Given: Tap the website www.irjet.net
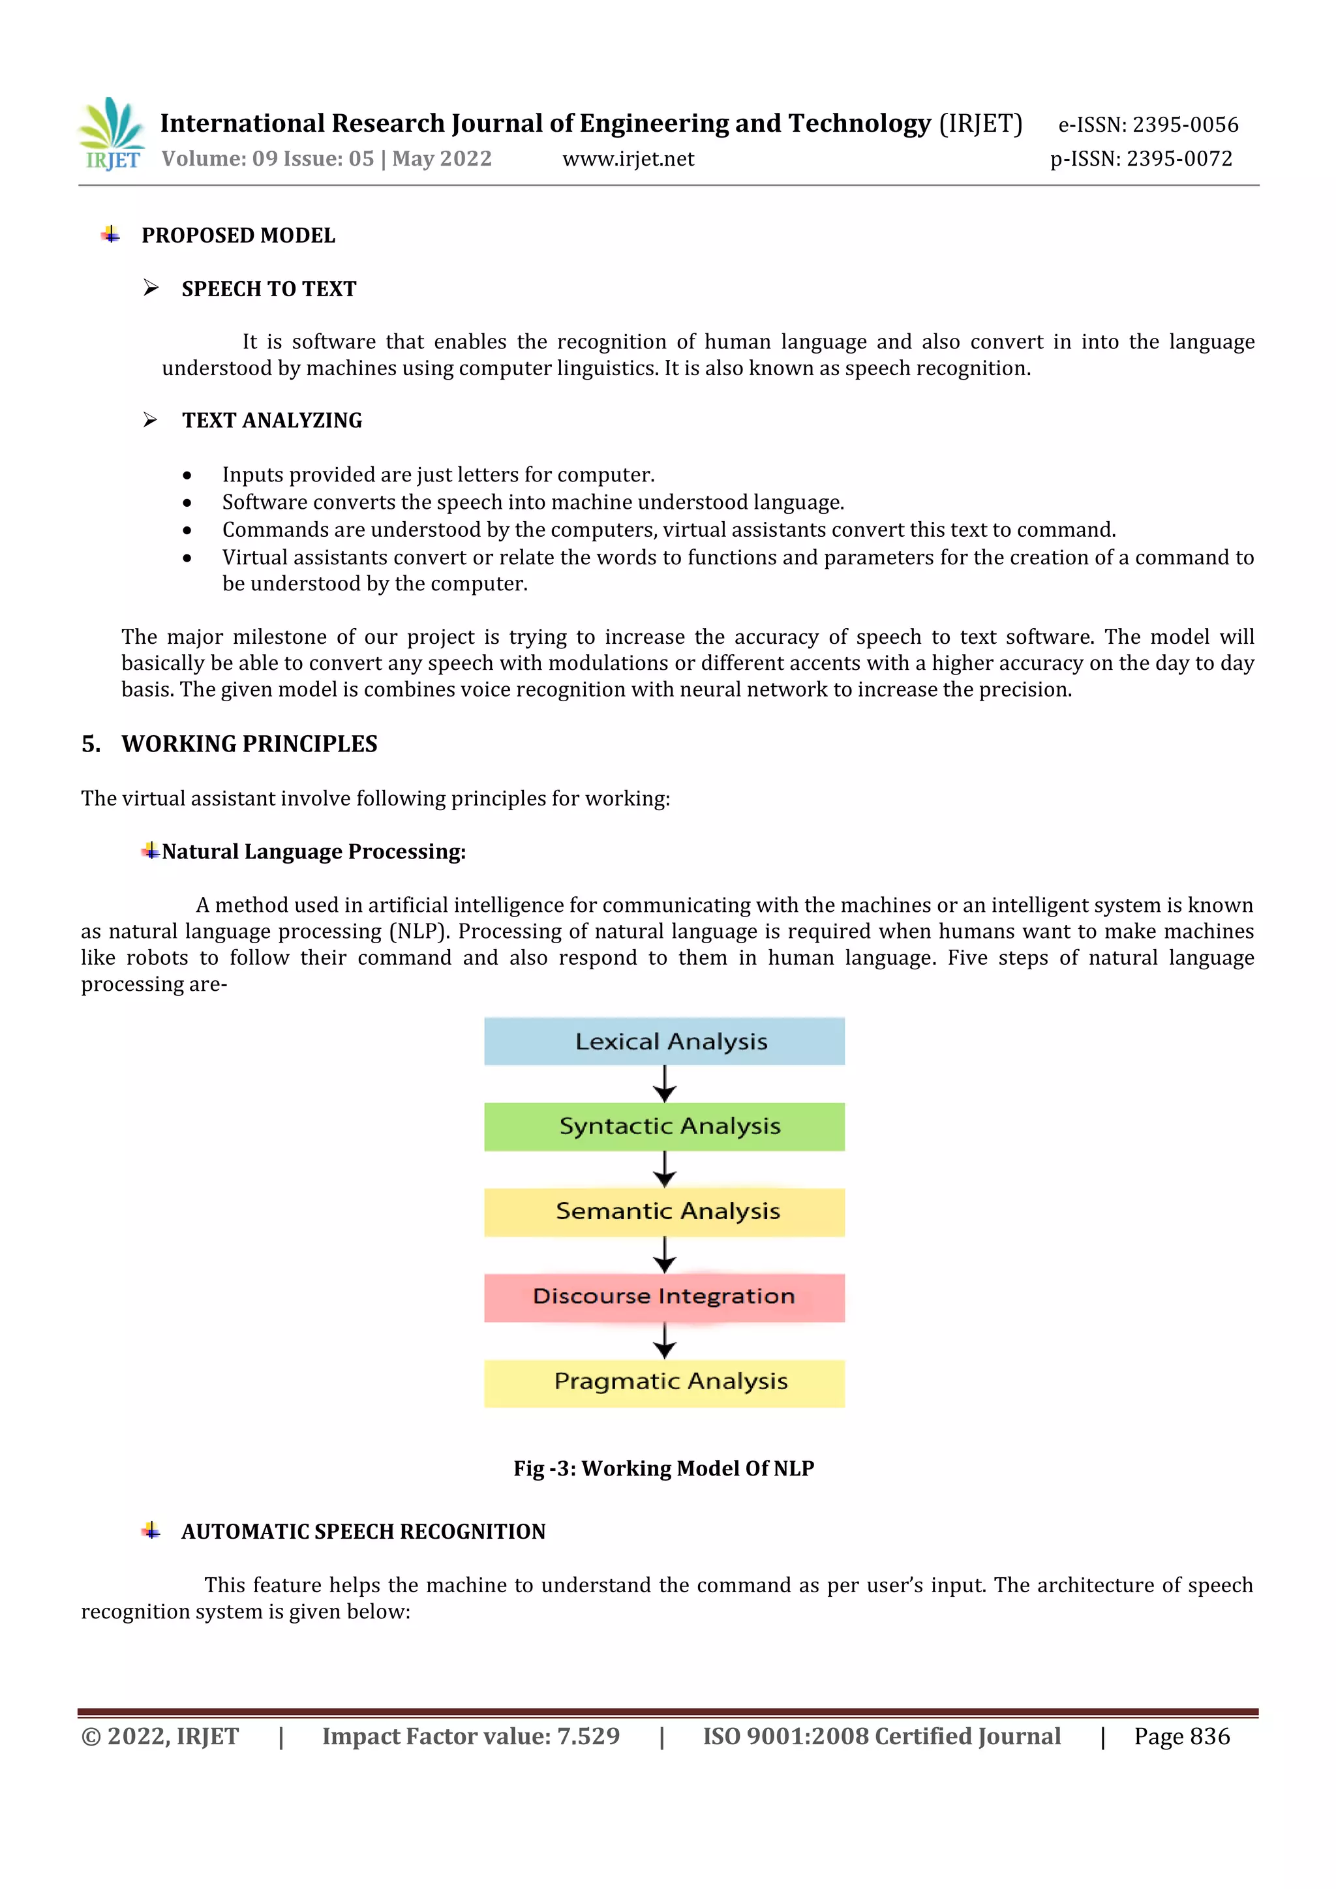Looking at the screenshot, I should point(628,159).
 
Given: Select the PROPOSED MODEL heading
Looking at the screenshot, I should point(237,235).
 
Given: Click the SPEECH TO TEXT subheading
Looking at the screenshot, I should point(268,289).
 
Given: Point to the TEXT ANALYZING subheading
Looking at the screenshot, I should point(271,421).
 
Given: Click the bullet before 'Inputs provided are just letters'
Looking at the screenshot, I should point(188,476).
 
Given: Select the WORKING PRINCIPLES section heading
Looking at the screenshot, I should point(249,744).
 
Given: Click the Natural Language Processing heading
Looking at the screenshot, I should point(313,851).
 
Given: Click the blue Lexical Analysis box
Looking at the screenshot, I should point(664,1041).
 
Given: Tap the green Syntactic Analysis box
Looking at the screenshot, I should point(664,1126).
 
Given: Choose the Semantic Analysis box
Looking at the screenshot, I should point(664,1212).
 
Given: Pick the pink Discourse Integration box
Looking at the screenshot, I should point(664,1297).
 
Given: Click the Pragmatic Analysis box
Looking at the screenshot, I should point(664,1383).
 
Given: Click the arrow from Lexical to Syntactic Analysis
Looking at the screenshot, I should point(665,1083).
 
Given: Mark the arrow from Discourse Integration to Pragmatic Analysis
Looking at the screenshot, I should point(665,1340).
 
